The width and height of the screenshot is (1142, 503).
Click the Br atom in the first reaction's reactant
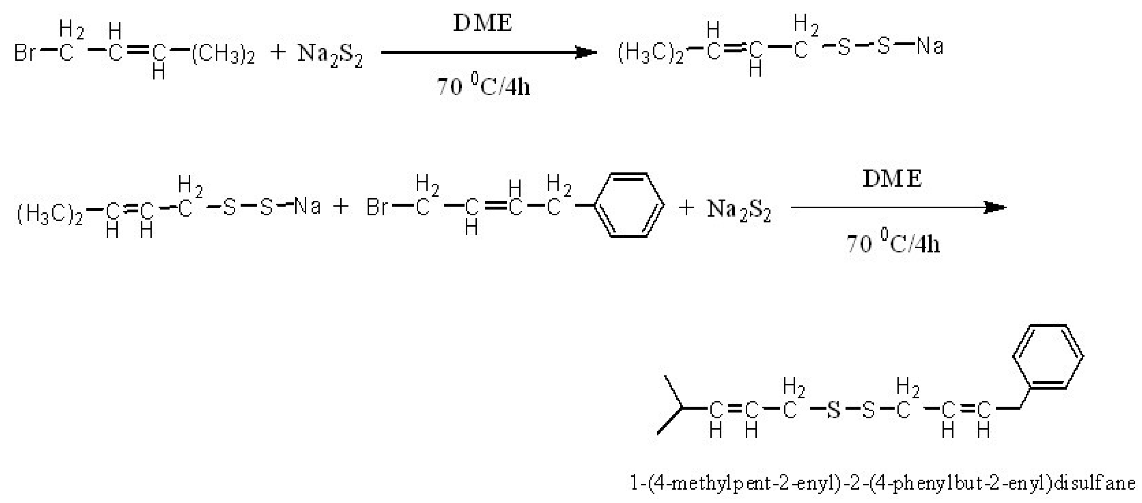tap(25, 53)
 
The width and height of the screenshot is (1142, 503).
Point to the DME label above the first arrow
tap(482, 23)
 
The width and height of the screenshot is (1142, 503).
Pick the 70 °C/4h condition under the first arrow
tap(483, 85)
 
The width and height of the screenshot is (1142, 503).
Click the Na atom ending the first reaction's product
tap(930, 46)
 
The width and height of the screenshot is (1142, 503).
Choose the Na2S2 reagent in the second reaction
tap(739, 210)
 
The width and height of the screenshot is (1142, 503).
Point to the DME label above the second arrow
tap(892, 179)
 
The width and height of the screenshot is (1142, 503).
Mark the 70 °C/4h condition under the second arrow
tap(893, 243)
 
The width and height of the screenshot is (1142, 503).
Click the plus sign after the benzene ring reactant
tap(686, 208)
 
